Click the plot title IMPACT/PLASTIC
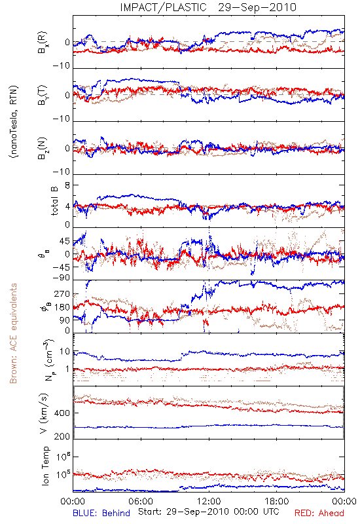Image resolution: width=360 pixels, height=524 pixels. tap(163, 7)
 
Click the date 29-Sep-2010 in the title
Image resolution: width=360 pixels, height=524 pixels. tap(257, 7)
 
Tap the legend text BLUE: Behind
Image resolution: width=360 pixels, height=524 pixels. tap(101, 513)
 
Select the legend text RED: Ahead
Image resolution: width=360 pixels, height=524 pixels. tap(319, 513)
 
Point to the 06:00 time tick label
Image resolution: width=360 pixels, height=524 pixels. tap(141, 501)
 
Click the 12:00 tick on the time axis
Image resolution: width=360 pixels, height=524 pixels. tap(209, 501)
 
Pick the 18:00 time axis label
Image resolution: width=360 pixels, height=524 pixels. tap(277, 501)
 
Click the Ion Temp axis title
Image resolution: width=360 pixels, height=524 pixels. tap(45, 466)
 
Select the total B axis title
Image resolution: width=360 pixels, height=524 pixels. tap(54, 201)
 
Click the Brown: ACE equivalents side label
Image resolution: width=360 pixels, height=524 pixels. tap(13, 333)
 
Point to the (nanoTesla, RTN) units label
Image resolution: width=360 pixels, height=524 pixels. tap(14, 121)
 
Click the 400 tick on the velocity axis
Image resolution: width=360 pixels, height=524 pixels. tap(62, 413)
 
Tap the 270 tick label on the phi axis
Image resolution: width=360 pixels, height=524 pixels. tap(62, 293)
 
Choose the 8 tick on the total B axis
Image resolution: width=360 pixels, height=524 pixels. tap(67, 185)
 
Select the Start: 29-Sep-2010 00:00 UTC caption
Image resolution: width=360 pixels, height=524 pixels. tap(209, 512)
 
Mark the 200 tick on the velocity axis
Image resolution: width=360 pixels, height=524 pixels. tap(62, 436)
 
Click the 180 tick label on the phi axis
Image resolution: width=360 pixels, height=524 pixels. tap(62, 307)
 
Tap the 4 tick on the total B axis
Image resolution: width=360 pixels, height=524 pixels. tap(67, 206)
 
